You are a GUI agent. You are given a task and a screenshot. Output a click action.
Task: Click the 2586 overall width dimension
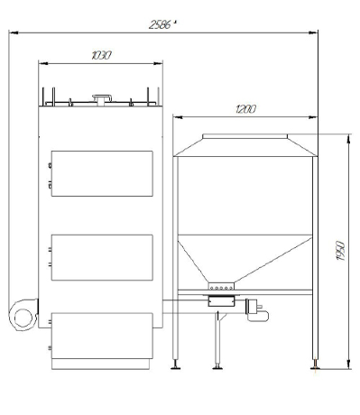pos(162,24)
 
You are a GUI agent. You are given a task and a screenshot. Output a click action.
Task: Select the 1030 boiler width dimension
pos(101,55)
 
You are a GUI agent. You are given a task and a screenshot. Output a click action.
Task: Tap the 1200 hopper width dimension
pos(246,109)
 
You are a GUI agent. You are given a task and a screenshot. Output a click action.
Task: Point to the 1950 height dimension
pos(341,251)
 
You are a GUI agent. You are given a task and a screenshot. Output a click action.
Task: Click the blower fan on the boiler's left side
pos(23,315)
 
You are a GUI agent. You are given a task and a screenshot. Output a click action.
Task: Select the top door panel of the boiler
pos(102,173)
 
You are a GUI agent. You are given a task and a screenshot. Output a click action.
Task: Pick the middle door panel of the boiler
pos(102,257)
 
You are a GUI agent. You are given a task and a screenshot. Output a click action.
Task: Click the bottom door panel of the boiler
pos(102,336)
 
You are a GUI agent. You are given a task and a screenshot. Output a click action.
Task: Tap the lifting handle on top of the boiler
pos(102,98)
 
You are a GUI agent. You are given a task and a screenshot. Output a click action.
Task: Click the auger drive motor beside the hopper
pos(257,310)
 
